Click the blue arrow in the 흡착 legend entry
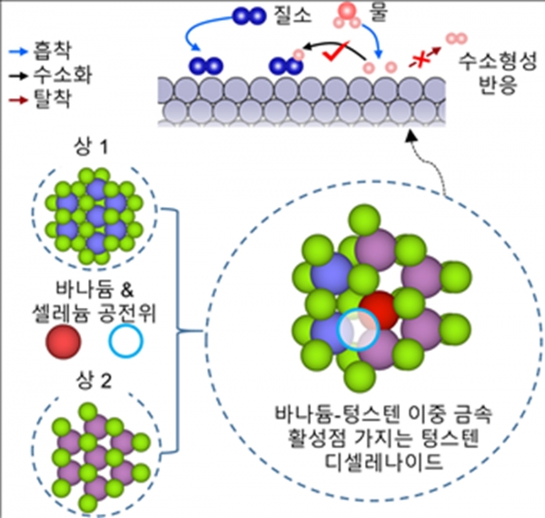[17, 52]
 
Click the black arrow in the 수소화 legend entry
[17, 75]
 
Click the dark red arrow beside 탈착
[17, 100]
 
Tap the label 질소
[292, 16]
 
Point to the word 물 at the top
[379, 14]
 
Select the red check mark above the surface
[335, 51]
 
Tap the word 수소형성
[498, 62]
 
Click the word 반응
[498, 85]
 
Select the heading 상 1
[91, 147]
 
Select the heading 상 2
[94, 382]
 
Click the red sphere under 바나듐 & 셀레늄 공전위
[64, 342]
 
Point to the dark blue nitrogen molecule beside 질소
[249, 16]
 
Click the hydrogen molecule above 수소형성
[457, 38]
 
